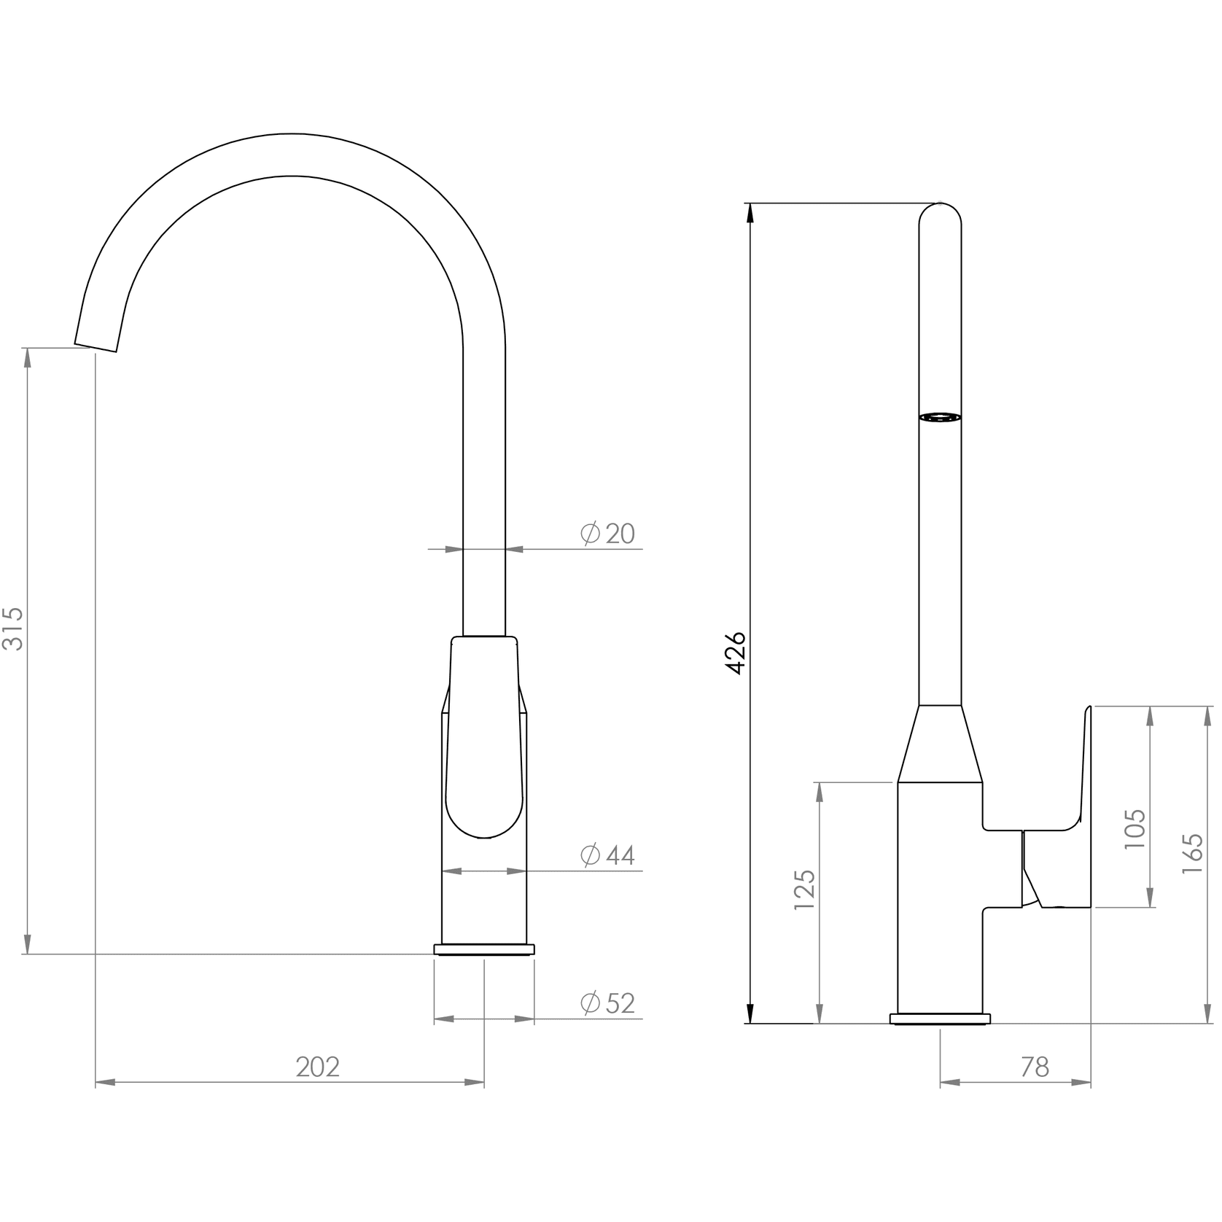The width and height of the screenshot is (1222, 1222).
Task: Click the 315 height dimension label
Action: [14, 628]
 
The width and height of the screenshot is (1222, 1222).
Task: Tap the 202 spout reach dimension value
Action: [318, 1067]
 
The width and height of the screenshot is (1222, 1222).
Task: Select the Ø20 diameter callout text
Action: [607, 534]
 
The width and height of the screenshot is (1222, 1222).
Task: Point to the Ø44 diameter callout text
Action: [607, 855]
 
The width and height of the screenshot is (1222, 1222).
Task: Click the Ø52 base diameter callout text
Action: [607, 1003]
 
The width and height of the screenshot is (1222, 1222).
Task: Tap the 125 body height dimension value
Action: [805, 890]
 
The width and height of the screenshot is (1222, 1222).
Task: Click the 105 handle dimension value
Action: [1135, 828]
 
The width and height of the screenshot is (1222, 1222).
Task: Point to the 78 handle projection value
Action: [1035, 1067]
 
